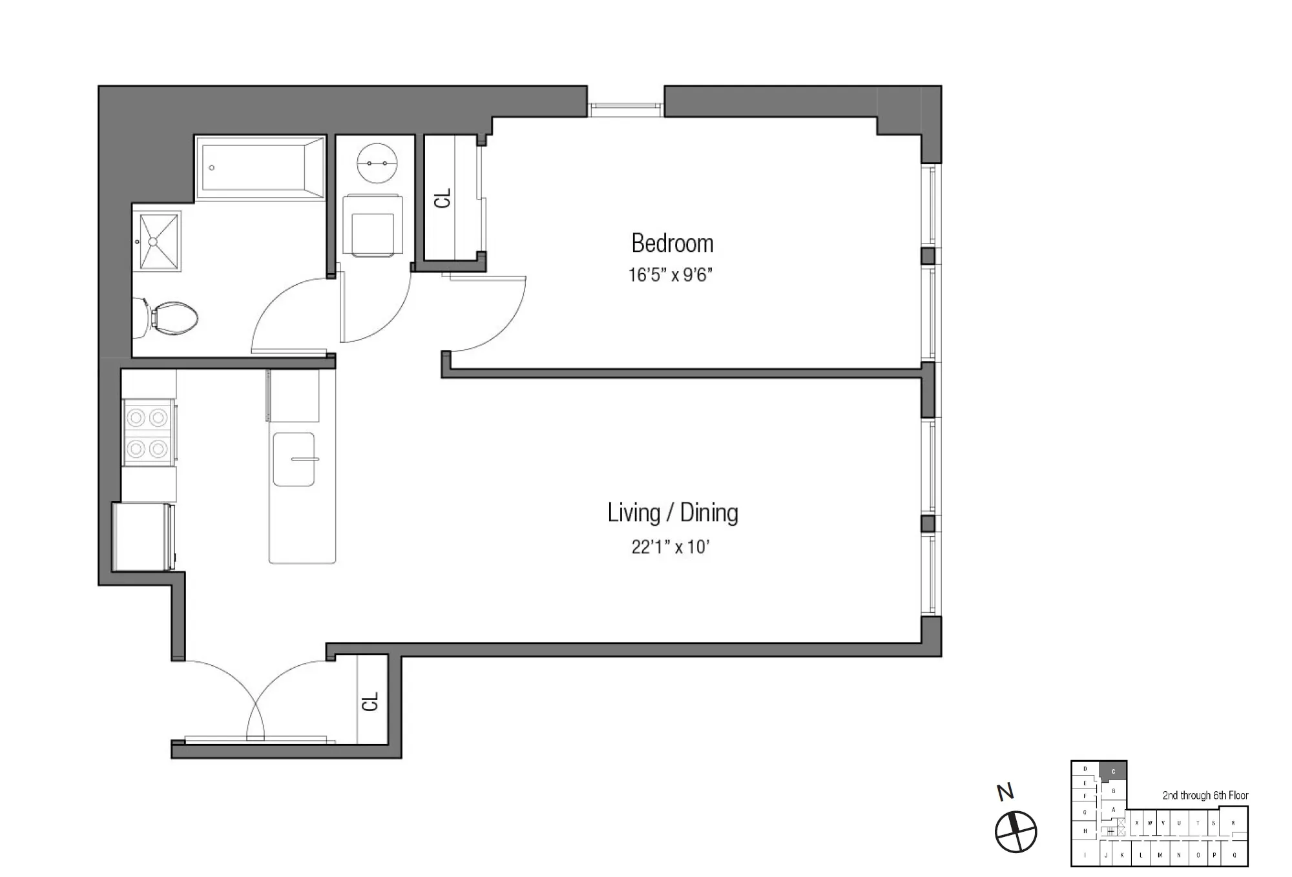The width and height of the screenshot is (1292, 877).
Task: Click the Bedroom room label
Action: [x=672, y=243]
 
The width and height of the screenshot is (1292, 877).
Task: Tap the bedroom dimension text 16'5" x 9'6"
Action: [x=670, y=275]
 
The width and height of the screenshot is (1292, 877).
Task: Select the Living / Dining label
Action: [x=672, y=513]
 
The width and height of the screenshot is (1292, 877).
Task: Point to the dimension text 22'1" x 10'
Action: [x=670, y=547]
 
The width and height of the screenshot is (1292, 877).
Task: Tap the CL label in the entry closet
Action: [x=370, y=701]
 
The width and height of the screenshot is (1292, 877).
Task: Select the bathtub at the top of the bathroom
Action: [x=260, y=168]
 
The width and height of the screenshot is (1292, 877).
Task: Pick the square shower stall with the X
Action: [x=157, y=241]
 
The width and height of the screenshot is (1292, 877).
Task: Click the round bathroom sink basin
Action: [x=377, y=163]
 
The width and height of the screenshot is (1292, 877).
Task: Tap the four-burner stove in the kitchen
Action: [x=147, y=433]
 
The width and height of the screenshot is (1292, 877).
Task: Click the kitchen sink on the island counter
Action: [x=294, y=459]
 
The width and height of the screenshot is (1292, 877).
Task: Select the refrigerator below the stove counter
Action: [x=142, y=537]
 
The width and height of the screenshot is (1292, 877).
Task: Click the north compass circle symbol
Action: [x=1016, y=832]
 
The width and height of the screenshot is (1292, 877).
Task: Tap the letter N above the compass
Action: [x=1005, y=792]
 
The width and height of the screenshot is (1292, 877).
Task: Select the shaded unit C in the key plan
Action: [x=1113, y=771]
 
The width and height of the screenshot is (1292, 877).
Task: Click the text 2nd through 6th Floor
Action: [x=1205, y=796]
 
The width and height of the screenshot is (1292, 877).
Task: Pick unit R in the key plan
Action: [x=1233, y=823]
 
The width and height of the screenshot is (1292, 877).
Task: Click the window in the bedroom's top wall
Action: [x=625, y=110]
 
